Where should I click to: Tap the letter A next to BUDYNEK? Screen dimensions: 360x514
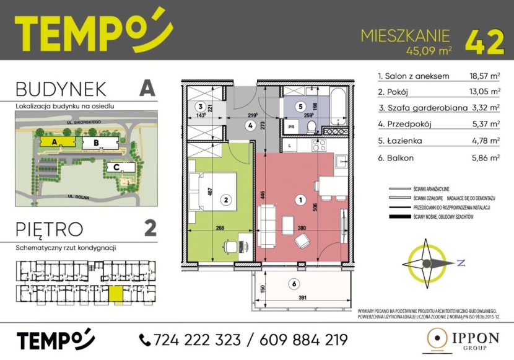pyautogui.click(x=146, y=88)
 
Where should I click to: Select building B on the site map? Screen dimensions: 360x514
pyautogui.click(x=96, y=143)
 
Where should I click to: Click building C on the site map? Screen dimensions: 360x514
pyautogui.click(x=116, y=167)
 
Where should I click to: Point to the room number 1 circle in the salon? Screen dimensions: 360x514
pyautogui.click(x=300, y=200)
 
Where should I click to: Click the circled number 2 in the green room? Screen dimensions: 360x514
pyautogui.click(x=227, y=200)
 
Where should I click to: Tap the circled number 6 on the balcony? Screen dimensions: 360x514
pyautogui.click(x=294, y=284)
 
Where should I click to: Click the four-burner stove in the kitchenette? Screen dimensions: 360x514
pyautogui.click(x=320, y=146)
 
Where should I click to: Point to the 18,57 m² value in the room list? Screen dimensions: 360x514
pyautogui.click(x=484, y=77)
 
